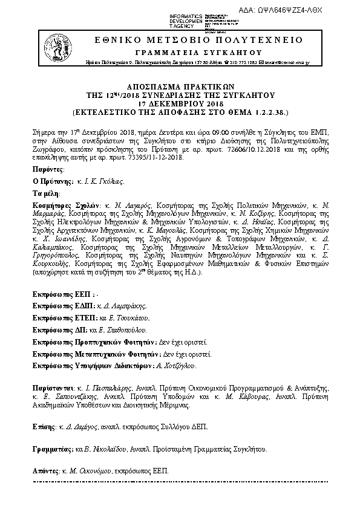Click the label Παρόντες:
tap(47, 170)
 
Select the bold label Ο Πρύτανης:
tap(50, 181)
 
